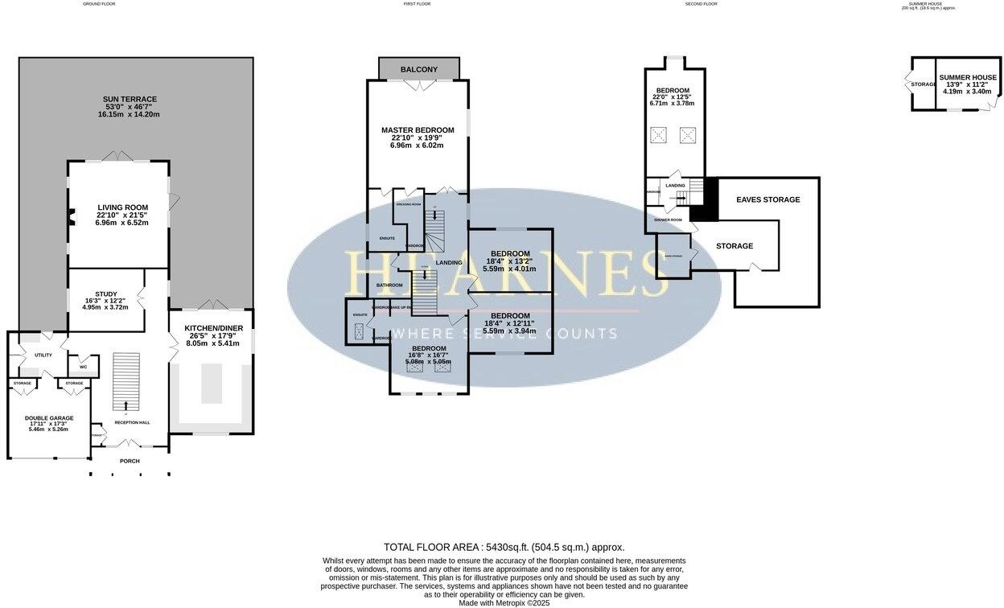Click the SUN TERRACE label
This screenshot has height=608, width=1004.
[x=129, y=99]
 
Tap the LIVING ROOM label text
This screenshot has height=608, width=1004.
[x=123, y=207]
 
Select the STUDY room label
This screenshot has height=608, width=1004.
[x=106, y=294]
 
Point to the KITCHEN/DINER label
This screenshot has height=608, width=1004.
[x=213, y=328]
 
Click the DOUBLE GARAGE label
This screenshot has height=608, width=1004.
[x=49, y=418]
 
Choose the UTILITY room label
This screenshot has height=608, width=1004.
[x=43, y=355]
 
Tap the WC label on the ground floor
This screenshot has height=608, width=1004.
[x=83, y=367]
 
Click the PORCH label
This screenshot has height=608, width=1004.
[x=130, y=461]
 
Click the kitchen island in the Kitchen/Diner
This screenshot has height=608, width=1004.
[x=211, y=384]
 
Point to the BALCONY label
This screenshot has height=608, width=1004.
[x=419, y=70]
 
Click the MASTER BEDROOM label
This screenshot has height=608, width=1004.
[x=418, y=130]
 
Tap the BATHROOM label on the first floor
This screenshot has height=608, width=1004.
[x=389, y=286]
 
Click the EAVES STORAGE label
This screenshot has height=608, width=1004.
[x=768, y=199]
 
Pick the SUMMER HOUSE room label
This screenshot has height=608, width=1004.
[x=968, y=77]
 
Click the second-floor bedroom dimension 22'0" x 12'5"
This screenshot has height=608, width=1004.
[x=672, y=97]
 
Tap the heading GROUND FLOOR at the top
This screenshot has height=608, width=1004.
[x=99, y=4]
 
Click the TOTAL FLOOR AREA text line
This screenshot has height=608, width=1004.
[x=504, y=547]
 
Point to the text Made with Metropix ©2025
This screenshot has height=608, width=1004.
[x=504, y=602]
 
